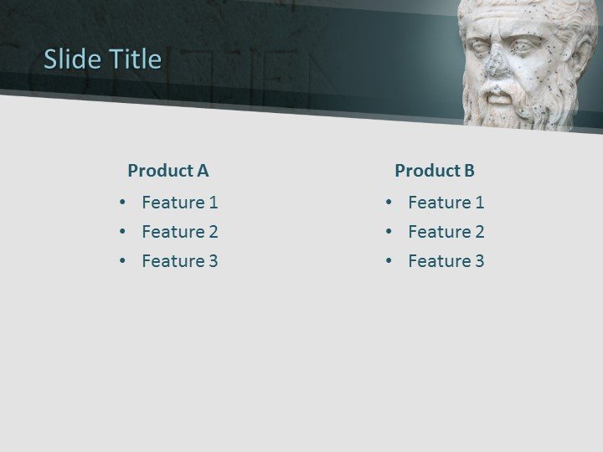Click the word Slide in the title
[69, 59]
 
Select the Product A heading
[167, 171]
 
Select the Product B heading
[434, 171]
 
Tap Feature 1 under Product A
[179, 203]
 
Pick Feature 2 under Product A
[179, 232]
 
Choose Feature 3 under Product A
[179, 261]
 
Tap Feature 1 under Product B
[446, 203]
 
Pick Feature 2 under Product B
[446, 232]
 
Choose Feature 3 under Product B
[446, 261]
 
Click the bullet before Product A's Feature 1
[123, 203]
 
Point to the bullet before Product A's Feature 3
[123, 261]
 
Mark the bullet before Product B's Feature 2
[389, 232]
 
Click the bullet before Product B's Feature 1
[389, 203]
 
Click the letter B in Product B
[469, 171]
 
